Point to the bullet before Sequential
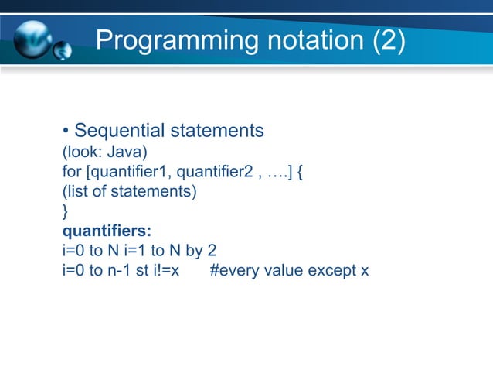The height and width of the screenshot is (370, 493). [x=66, y=131]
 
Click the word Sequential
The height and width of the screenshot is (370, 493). [x=116, y=130]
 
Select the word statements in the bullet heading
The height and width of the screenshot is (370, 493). [x=212, y=130]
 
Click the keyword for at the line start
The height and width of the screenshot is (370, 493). [x=71, y=170]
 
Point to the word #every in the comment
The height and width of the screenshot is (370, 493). [x=232, y=271]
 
